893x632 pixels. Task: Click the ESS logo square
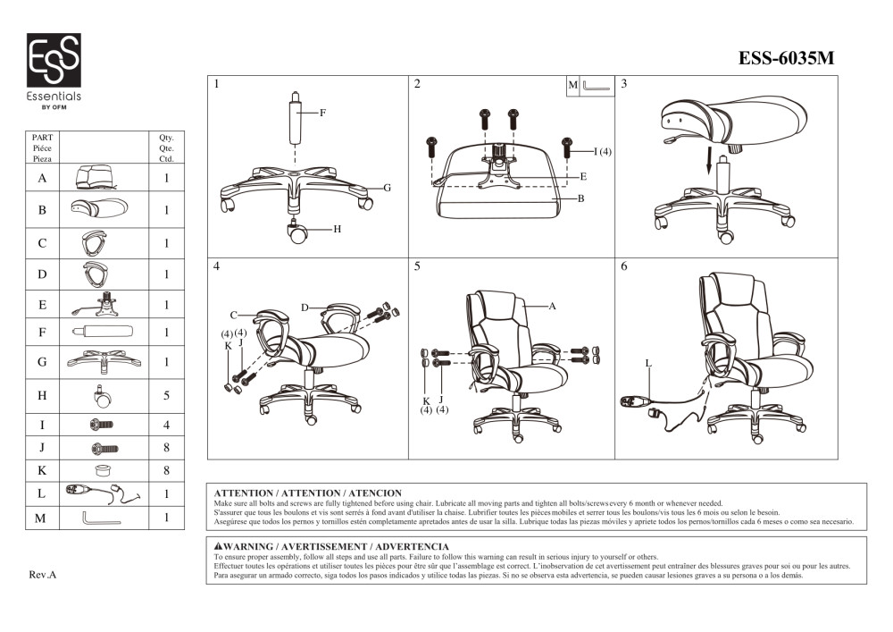[54, 61]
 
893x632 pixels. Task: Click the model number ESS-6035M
[786, 59]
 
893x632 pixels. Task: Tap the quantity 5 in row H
[166, 395]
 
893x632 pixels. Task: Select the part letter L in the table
[42, 493]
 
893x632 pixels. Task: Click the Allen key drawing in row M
[101, 518]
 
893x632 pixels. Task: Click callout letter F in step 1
[322, 114]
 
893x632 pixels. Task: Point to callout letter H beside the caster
[338, 230]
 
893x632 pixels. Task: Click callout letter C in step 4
[233, 315]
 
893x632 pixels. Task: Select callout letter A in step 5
[552, 307]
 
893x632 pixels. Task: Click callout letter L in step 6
[647, 364]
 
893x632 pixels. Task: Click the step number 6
[624, 266]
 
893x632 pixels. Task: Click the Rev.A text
[43, 575]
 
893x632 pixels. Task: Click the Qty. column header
[166, 139]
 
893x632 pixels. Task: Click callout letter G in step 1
[388, 188]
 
